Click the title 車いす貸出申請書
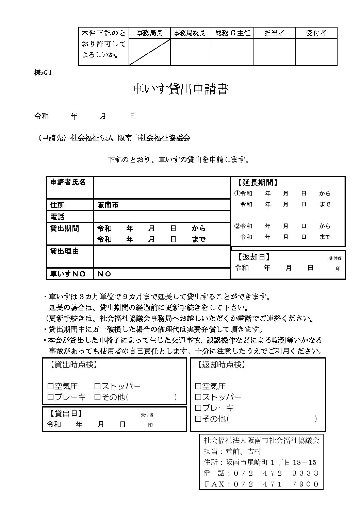coord(180,89)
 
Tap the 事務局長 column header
coord(149,33)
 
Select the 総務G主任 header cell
coord(233,33)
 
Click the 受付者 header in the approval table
coord(316,33)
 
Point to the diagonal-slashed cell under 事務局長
coord(149,52)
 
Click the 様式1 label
coord(43,72)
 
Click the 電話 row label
coord(58,217)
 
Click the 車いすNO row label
coord(68,274)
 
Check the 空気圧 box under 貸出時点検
coord(51,386)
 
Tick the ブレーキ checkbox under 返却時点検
coord(198,408)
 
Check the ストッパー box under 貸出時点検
coord(97,386)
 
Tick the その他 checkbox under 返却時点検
coord(198,419)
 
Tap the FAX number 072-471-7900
coord(276,484)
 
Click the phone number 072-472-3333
coord(276,473)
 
